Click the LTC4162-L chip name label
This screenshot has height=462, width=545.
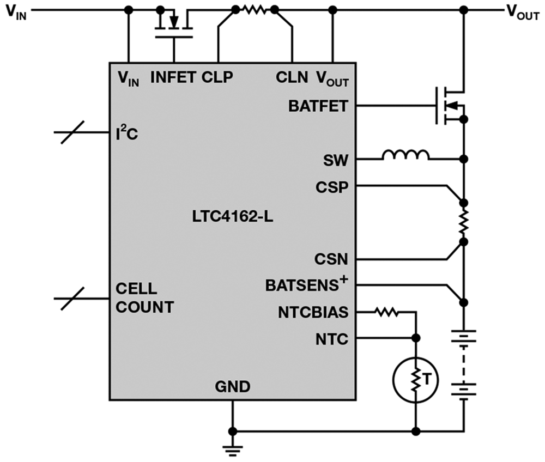pos(233,217)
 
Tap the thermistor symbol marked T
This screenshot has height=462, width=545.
pos(416,380)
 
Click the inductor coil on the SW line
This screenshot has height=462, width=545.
pos(405,155)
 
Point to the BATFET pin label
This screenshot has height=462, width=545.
pos(318,106)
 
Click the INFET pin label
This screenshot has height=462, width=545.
pos(173,77)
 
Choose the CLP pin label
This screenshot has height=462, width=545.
pos(217,77)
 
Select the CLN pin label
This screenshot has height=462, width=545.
pos(292,77)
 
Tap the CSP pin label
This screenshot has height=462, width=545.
pos(332,187)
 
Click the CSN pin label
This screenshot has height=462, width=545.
pos(331,259)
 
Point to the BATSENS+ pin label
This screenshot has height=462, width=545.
pos(306,284)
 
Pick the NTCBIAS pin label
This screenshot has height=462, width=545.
pos(313,313)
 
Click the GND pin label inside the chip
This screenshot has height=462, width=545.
pos(233,387)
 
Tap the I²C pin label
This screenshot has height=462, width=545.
pos(127,133)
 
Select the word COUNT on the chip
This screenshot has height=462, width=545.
pos(144,307)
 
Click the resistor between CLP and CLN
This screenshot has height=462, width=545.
pos(255,10)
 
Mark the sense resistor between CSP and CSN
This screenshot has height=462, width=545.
pos(464,222)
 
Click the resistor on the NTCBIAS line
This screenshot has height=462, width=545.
pos(386,312)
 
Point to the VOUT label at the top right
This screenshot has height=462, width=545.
pos(523,12)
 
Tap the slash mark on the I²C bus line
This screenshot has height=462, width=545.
pos(72,132)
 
